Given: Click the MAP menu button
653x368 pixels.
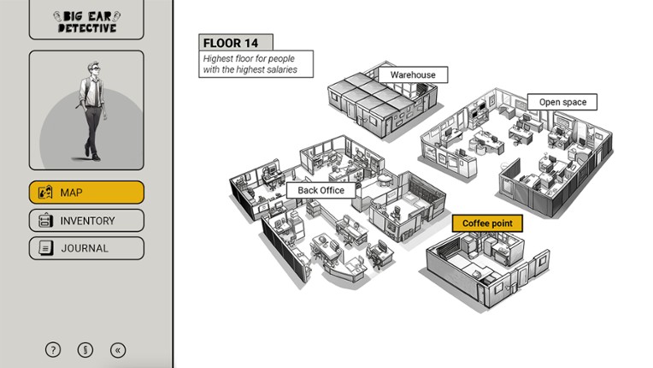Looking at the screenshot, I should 86,193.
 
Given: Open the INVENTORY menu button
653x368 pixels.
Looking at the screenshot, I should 86,221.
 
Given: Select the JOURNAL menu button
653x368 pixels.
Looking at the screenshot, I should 86,248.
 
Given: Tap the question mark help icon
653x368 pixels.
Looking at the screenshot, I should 53,349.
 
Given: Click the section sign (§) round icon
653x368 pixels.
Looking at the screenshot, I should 85,349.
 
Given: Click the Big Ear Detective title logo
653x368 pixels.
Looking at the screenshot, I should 86,21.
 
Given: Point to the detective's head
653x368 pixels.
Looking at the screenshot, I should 92,71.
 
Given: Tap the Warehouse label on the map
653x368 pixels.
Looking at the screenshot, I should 413,74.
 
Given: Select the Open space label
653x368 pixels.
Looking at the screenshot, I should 562,103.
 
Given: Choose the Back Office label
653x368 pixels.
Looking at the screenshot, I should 321,190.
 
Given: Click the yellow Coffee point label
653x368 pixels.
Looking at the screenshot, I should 487,223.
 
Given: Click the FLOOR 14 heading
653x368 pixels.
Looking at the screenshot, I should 234,43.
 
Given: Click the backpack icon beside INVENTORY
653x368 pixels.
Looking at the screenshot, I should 45,221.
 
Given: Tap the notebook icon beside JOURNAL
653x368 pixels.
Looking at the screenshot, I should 45,248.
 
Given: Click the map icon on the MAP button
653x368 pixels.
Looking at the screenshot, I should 45,193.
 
